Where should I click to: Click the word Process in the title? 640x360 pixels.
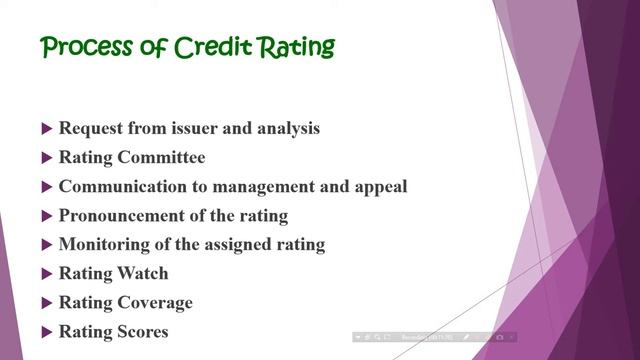(x=84, y=47)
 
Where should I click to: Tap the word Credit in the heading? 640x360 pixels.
(x=213, y=47)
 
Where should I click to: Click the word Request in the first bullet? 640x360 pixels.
(x=92, y=128)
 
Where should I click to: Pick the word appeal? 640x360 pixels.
(x=381, y=187)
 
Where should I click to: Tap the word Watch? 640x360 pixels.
(x=142, y=273)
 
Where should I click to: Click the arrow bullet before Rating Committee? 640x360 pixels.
(x=47, y=158)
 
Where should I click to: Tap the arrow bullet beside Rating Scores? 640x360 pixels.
(x=47, y=332)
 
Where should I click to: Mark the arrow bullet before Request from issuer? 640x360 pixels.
(x=47, y=129)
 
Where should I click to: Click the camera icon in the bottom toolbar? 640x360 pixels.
(x=500, y=338)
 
